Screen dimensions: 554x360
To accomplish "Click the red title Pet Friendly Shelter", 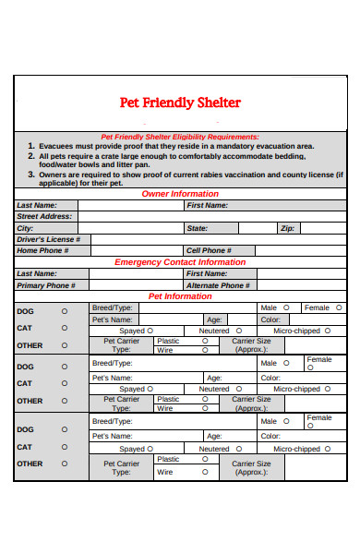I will (x=181, y=102).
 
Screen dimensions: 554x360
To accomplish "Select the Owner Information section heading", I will (x=180, y=194).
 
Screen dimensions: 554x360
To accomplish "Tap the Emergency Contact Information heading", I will (x=180, y=262).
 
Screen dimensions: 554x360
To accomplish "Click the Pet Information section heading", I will (x=180, y=296).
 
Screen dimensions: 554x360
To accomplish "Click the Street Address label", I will (x=44, y=216).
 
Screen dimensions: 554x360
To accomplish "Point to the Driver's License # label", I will (x=49, y=239).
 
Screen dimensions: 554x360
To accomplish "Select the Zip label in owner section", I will (x=287, y=227).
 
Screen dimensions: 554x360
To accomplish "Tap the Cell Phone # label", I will (x=209, y=250).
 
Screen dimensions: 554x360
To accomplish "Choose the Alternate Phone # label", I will (x=217, y=285).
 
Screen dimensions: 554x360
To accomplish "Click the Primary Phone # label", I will (x=45, y=285).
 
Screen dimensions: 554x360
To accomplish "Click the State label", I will (x=198, y=227).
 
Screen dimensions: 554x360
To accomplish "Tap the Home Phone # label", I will (x=41, y=250).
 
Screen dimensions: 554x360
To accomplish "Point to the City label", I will (x=25, y=227).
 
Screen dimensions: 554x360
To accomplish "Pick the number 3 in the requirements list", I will (x=30, y=174).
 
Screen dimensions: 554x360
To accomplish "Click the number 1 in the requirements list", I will (x=30, y=146).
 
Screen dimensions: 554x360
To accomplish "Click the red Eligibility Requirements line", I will (x=180, y=137).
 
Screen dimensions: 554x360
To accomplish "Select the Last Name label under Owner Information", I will (x=37, y=205).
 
